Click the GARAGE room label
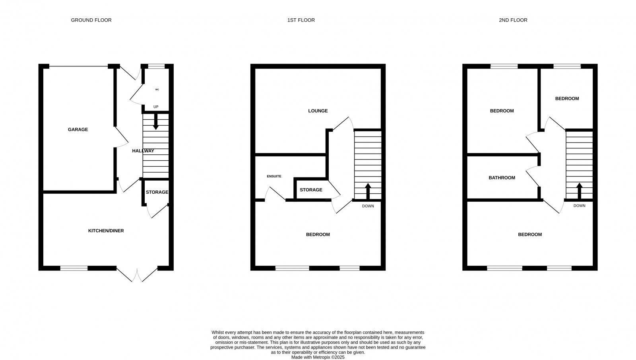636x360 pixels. pyautogui.click(x=78, y=129)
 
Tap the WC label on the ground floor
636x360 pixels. pyautogui.click(x=157, y=90)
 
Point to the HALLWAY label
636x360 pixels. pyautogui.click(x=143, y=151)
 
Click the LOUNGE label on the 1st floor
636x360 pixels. pyautogui.click(x=318, y=111)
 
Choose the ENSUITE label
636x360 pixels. pyautogui.click(x=274, y=176)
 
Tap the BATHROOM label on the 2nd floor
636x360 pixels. pyautogui.click(x=502, y=178)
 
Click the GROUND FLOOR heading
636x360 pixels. pyautogui.click(x=91, y=20)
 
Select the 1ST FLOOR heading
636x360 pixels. pyautogui.click(x=301, y=20)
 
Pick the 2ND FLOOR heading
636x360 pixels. pyautogui.click(x=513, y=20)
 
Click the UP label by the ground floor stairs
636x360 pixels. pyautogui.click(x=156, y=107)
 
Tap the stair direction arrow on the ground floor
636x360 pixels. pyautogui.click(x=156, y=121)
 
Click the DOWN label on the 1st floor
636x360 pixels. pyautogui.click(x=368, y=206)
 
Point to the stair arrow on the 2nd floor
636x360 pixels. pyautogui.click(x=579, y=190)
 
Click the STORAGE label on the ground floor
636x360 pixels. pyautogui.click(x=157, y=192)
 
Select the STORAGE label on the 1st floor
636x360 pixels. pyautogui.click(x=311, y=190)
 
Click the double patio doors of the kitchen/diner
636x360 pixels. pyautogui.click(x=137, y=274)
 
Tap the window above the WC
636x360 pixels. pyautogui.click(x=156, y=66)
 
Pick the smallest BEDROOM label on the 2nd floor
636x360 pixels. pyautogui.click(x=567, y=99)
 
